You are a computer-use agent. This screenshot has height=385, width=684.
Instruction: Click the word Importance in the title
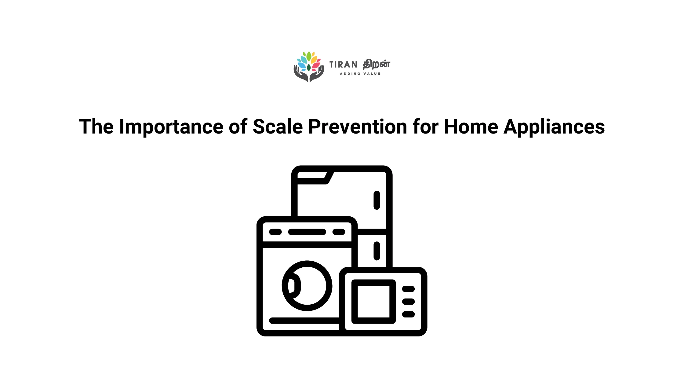pos(171,127)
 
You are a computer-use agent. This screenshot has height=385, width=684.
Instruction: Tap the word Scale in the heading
pos(278,127)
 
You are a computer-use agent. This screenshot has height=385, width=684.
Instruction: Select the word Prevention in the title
pos(358,127)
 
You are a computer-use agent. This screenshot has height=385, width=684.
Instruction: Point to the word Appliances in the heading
pos(554,127)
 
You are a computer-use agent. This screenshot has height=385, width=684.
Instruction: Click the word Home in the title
pos(471,127)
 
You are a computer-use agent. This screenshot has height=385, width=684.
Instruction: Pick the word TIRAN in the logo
pos(344,65)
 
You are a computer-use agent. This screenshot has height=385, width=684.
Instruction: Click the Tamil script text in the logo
pos(377,64)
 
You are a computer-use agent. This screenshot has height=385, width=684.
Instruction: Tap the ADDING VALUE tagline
pos(360,74)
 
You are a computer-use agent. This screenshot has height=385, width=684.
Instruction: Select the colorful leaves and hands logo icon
pos(309,67)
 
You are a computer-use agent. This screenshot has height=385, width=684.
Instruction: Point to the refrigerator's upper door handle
pos(377,200)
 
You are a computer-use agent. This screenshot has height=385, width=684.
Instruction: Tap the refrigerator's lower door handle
pos(377,251)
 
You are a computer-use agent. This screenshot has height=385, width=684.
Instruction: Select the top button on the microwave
pos(408,289)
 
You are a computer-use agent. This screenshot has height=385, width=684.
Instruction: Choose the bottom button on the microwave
pos(408,314)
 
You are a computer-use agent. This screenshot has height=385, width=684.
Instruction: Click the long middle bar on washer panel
pos(307,232)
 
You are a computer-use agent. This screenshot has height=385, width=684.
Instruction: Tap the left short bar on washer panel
pos(275,232)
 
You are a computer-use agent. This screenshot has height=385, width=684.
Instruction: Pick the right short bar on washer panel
pos(339,232)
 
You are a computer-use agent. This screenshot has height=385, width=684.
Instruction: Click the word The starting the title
pos(96,127)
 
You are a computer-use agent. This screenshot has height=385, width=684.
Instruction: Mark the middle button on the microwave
pos(408,302)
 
